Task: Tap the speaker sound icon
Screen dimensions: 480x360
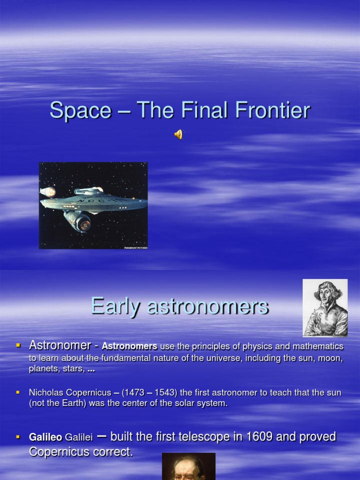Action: click(179, 135)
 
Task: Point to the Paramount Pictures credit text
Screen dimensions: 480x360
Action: click(135, 247)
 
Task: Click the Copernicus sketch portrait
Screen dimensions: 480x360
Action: click(325, 308)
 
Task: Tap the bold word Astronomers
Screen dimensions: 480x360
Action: click(129, 346)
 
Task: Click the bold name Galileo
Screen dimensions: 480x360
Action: click(46, 437)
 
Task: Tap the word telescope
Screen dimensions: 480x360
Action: click(205, 437)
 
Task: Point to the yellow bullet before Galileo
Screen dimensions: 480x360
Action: click(19, 437)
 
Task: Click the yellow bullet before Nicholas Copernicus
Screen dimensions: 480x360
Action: click(19, 391)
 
